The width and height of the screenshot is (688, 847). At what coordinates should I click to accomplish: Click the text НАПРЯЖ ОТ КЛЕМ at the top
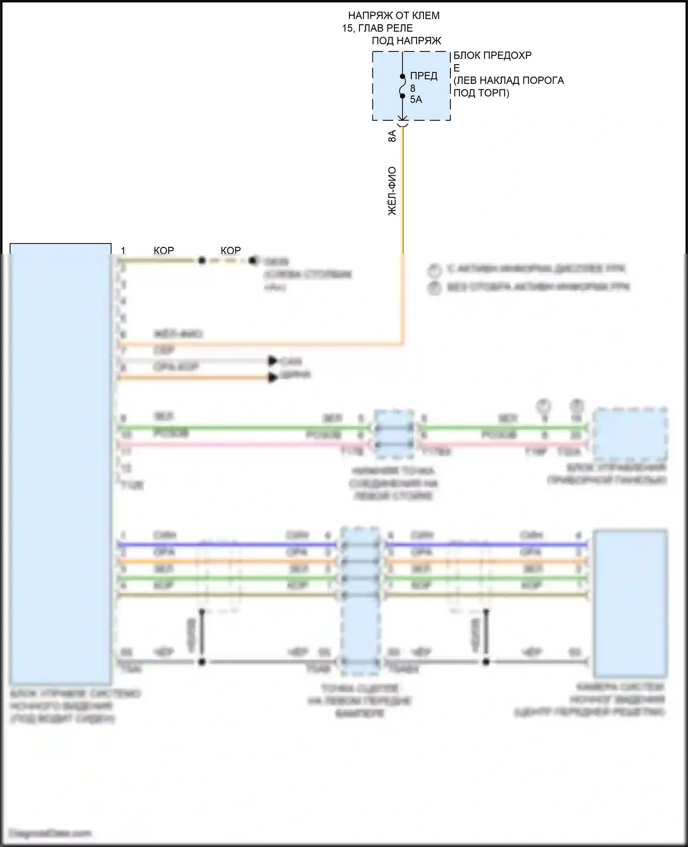tap(394, 16)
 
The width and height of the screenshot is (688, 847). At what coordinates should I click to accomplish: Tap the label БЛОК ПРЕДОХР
tap(492, 56)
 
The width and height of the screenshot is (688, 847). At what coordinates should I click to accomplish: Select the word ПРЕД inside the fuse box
tap(423, 76)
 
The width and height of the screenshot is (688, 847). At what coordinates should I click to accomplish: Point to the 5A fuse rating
tap(416, 100)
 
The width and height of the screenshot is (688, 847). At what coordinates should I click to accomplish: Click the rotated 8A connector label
tap(392, 136)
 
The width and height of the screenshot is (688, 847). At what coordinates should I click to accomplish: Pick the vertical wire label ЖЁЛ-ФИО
tap(392, 191)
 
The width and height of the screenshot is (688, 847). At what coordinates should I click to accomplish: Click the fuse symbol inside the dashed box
tap(402, 86)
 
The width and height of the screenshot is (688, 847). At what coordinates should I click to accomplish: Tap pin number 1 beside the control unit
tap(123, 250)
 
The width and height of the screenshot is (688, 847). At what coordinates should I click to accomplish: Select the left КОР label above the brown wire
tap(164, 250)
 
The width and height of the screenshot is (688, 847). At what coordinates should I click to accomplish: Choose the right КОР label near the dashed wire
tap(231, 250)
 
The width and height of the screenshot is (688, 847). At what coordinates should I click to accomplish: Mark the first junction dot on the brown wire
tap(201, 261)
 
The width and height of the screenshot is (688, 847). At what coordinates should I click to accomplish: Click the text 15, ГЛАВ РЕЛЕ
tap(377, 28)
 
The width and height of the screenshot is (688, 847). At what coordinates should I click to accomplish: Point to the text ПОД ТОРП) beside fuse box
tap(481, 93)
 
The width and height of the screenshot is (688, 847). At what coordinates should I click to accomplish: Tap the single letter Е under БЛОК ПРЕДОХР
tap(456, 68)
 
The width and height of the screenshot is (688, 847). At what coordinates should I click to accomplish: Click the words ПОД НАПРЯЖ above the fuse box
tap(406, 40)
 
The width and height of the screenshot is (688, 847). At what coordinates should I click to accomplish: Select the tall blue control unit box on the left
tap(61, 463)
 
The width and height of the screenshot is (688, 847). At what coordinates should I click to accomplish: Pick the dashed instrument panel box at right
tap(630, 434)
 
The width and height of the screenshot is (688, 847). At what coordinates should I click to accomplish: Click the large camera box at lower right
tap(630, 603)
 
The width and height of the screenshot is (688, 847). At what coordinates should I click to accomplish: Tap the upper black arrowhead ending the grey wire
tap(273, 361)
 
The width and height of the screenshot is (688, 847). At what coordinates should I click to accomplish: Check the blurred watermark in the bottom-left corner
tap(50, 833)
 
